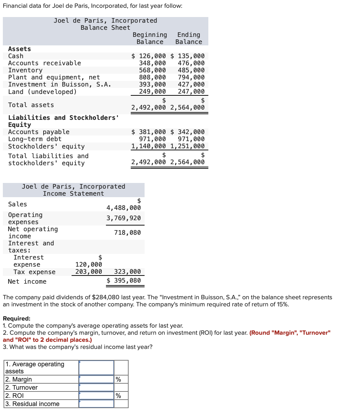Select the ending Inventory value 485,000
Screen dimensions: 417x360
(191, 70)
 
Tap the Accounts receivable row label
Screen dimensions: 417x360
(45, 63)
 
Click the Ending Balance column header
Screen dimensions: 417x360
(189, 38)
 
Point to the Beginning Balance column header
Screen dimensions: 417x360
(150, 38)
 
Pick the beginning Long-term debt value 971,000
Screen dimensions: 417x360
(152, 139)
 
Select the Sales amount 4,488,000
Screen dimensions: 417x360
(124, 208)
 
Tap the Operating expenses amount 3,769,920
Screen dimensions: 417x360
(124, 218)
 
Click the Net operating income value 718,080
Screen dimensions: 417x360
(127, 233)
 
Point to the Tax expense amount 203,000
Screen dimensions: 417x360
(89, 272)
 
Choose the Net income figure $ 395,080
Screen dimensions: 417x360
(124, 280)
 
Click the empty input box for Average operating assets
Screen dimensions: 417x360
(96, 368)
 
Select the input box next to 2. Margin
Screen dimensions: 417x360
(96, 379)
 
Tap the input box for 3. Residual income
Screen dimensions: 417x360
(96, 404)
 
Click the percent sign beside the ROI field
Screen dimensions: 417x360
(118, 396)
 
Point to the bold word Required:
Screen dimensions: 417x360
(17, 318)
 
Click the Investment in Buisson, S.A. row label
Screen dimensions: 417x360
(60, 84)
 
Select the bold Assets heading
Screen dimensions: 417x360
(19, 49)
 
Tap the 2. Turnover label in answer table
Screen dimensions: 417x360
(22, 388)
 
